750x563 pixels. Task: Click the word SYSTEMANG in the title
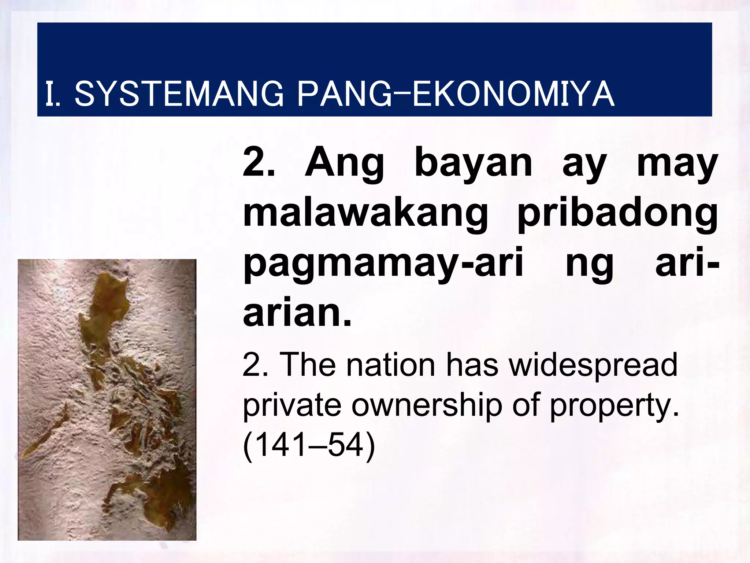pyautogui.click(x=179, y=94)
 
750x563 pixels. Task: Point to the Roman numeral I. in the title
pyautogui.click(x=53, y=94)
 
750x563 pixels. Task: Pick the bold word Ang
pyautogui.click(x=344, y=164)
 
